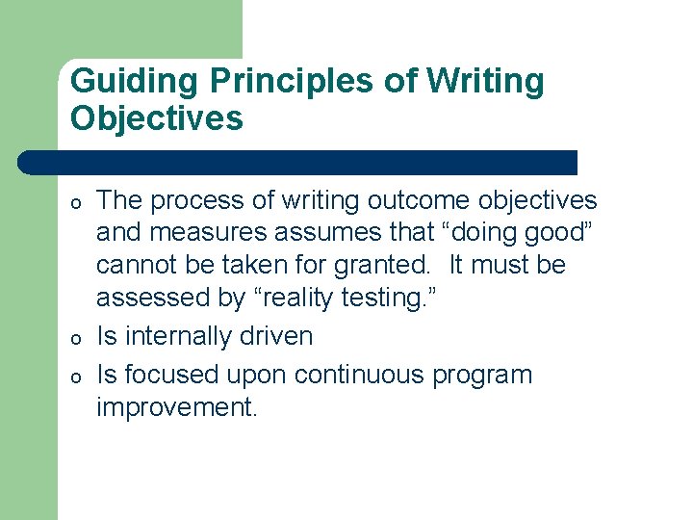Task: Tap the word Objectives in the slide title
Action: [x=157, y=119]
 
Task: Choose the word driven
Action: [x=277, y=336]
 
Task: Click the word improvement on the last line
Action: [x=176, y=407]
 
